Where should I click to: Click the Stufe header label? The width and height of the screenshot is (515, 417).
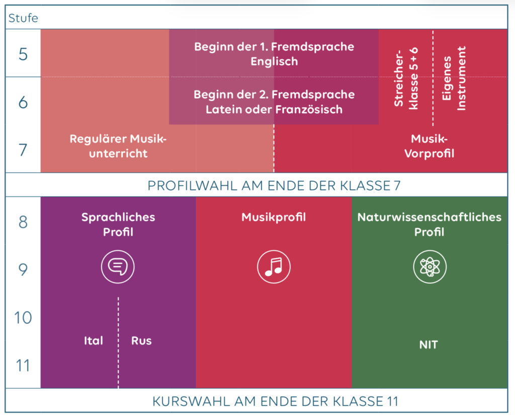pos(23,19)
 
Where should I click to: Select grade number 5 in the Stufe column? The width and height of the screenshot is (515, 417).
pos(23,54)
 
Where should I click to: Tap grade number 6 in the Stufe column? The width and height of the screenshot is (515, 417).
pos(23,102)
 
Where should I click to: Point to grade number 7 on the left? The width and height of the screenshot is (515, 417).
pos(23,150)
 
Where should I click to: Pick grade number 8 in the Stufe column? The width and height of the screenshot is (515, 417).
pos(23,222)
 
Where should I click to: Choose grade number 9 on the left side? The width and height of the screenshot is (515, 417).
pos(23,270)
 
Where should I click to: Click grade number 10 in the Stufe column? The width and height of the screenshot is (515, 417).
pos(23,318)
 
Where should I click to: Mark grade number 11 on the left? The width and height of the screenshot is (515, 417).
pos(23,366)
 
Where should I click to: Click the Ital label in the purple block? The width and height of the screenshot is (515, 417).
pos(94,341)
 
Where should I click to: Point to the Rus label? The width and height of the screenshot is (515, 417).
pos(141,341)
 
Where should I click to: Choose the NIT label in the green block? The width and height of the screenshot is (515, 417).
pos(428,345)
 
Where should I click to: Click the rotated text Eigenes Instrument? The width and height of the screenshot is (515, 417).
pos(454,78)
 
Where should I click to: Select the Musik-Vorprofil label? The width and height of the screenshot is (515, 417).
pos(429,146)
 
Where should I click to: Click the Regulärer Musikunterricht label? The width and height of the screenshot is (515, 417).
pos(118,146)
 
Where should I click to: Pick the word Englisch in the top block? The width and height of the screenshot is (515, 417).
pos(274,61)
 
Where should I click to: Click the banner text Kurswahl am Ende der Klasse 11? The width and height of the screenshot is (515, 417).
pos(275,401)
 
